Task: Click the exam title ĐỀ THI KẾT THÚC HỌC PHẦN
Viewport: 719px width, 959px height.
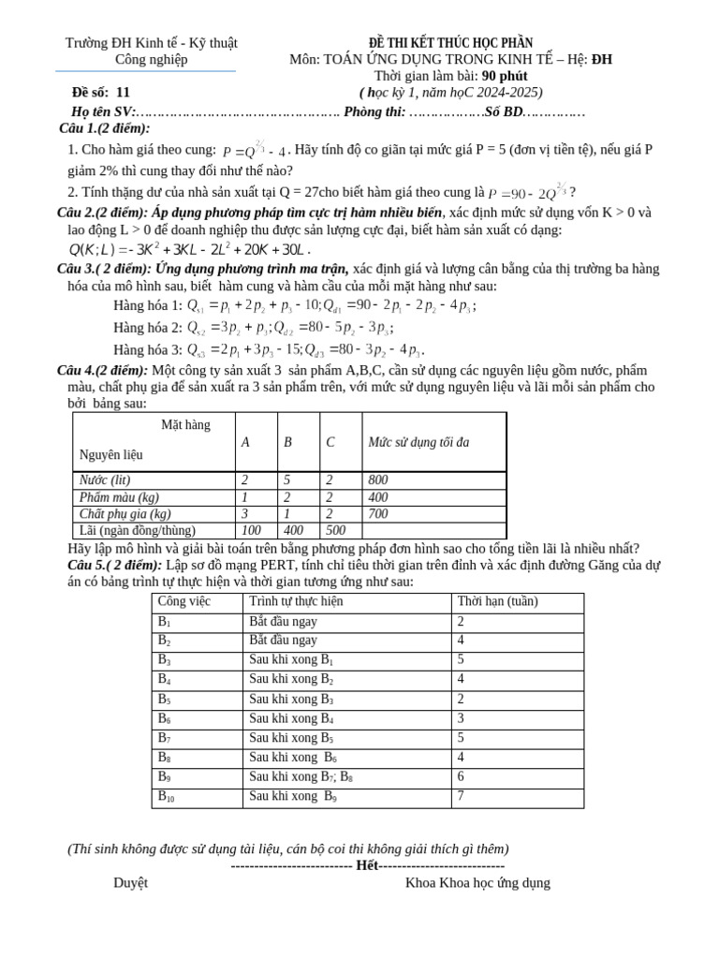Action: pyautogui.click(x=450, y=43)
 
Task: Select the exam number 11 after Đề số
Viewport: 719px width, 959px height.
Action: pyautogui.click(x=124, y=92)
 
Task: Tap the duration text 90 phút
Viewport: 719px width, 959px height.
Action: pyautogui.click(x=505, y=76)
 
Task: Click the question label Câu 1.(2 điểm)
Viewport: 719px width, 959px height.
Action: pyautogui.click(x=104, y=128)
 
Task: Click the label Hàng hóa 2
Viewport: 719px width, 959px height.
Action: pyautogui.click(x=148, y=328)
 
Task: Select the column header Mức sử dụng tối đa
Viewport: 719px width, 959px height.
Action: pyautogui.click(x=418, y=442)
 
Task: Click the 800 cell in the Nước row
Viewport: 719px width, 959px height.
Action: pyautogui.click(x=378, y=480)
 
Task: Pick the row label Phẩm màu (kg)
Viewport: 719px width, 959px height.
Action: pyautogui.click(x=119, y=497)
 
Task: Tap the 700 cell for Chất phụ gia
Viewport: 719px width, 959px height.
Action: pyautogui.click(x=378, y=514)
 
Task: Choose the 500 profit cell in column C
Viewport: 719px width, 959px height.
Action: pyautogui.click(x=336, y=531)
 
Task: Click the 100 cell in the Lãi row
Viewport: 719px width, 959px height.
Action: pyautogui.click(x=251, y=531)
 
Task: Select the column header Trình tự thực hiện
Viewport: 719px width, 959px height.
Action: pyautogui.click(x=296, y=602)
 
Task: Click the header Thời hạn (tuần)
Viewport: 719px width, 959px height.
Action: pyautogui.click(x=497, y=602)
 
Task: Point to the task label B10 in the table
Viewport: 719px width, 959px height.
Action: pyautogui.click(x=166, y=797)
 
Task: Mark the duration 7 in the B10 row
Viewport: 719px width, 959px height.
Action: pyautogui.click(x=461, y=797)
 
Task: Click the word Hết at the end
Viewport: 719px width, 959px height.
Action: pyautogui.click(x=367, y=865)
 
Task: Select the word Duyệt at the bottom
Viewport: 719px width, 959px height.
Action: pyautogui.click(x=130, y=882)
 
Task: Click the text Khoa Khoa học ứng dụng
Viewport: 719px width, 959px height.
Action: pyautogui.click(x=477, y=882)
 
